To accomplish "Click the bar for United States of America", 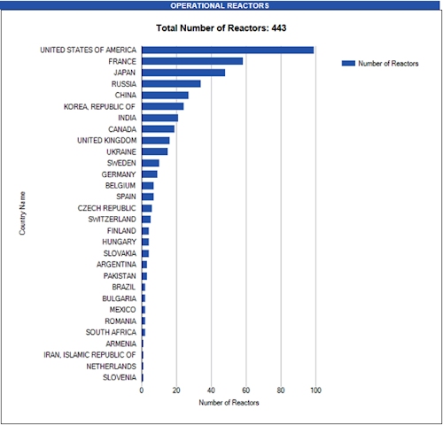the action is (228, 50).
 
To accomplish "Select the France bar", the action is (192, 61).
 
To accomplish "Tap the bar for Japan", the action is (183, 73).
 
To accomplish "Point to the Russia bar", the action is (171, 84).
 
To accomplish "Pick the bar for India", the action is (159, 118).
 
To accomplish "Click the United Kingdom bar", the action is (156, 141).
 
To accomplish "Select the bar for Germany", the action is (150, 174).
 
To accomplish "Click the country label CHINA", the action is (126, 95).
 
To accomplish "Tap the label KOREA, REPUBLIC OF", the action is (100, 106).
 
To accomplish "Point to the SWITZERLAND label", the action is (113, 220).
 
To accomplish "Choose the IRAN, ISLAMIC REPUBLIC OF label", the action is (89, 355).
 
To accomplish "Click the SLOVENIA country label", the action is (120, 377).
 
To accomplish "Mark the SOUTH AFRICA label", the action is (111, 332).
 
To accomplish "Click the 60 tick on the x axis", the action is (245, 390).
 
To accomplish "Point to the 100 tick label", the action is (315, 390).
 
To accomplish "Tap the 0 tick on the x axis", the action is (142, 390).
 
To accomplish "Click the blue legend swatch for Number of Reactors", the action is (348, 64).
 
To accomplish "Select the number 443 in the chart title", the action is (279, 28).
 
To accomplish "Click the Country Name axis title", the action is (22, 213).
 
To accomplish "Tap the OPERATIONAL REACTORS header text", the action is (220, 5).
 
